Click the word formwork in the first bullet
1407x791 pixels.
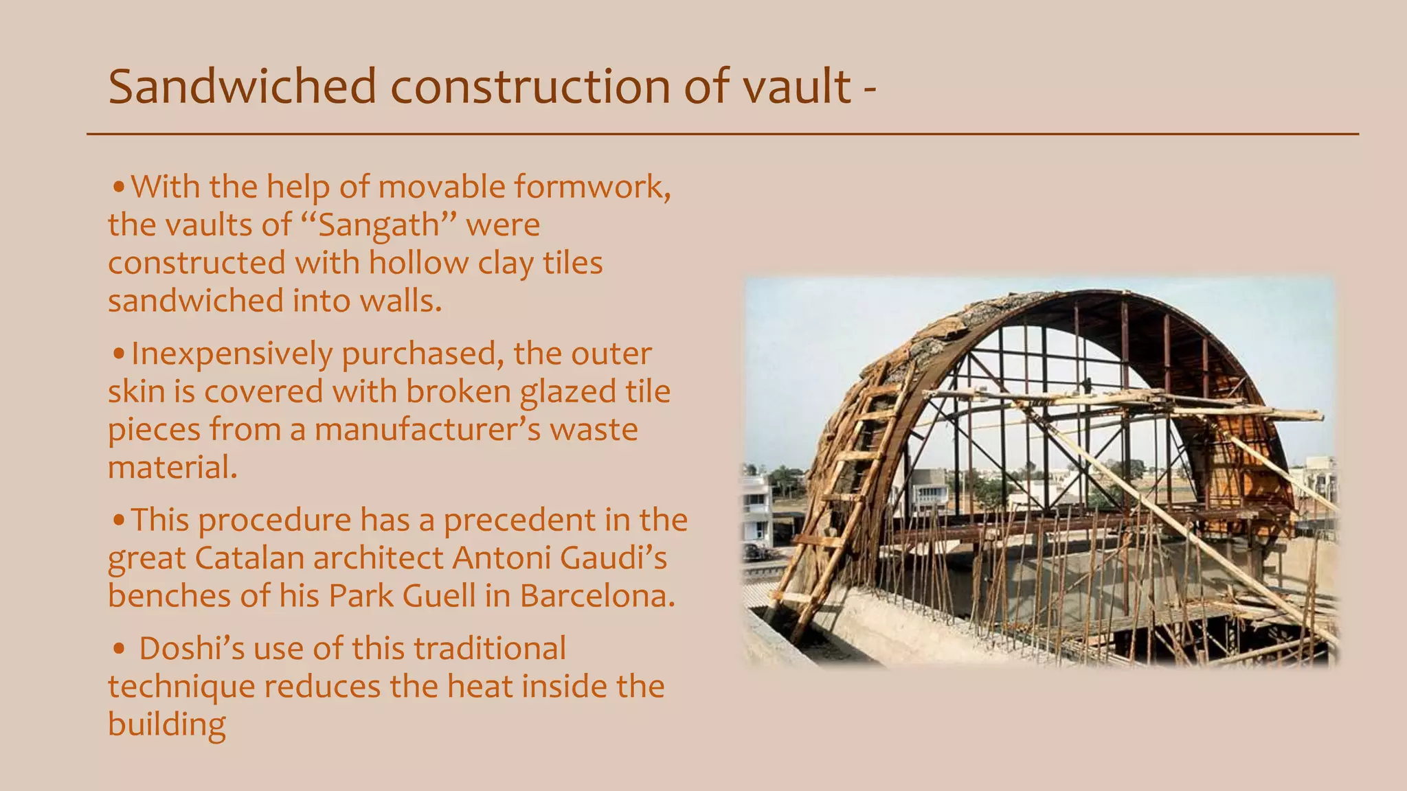(x=592, y=187)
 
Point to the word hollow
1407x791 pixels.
(x=418, y=263)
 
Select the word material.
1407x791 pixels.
(x=172, y=468)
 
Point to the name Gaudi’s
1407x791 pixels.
(x=613, y=558)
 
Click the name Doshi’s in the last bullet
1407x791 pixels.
(x=191, y=649)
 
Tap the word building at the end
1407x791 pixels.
(x=166, y=725)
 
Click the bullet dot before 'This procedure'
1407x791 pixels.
(x=119, y=520)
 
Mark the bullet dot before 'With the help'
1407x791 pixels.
(x=119, y=187)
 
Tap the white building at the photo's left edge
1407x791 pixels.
(x=757, y=508)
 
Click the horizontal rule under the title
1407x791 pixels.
(x=721, y=134)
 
